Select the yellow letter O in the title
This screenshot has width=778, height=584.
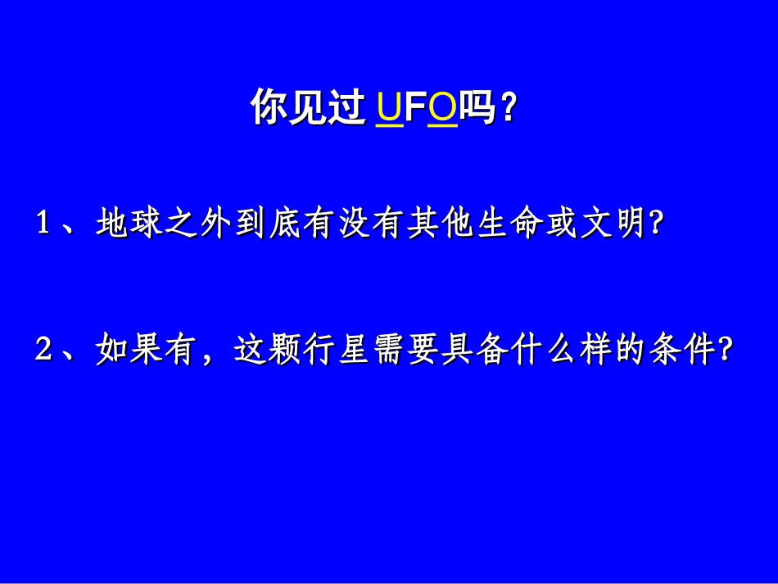click(442, 108)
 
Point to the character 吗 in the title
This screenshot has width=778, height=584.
click(477, 108)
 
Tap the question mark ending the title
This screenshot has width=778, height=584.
click(508, 108)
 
